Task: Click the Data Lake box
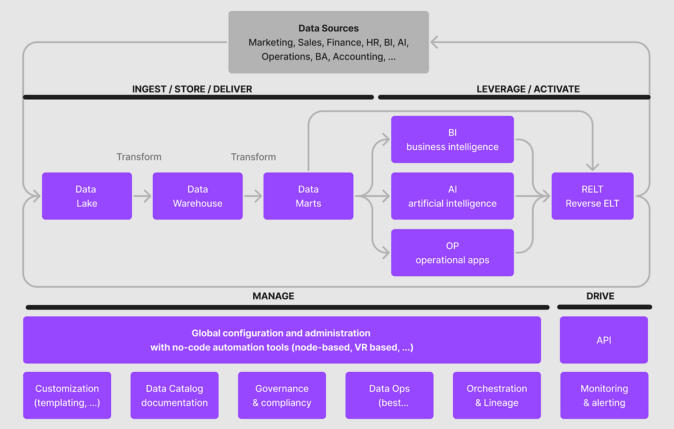pyautogui.click(x=86, y=196)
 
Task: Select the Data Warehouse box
pyautogui.click(x=197, y=196)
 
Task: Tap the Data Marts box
pyautogui.click(x=308, y=196)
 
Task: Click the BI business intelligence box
pyautogui.click(x=452, y=139)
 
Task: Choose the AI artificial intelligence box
pyautogui.click(x=452, y=196)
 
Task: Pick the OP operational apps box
pyautogui.click(x=452, y=253)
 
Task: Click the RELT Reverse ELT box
pyautogui.click(x=593, y=196)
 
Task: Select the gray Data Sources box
pyautogui.click(x=328, y=42)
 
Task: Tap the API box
pyautogui.click(x=604, y=340)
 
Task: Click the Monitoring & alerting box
pyautogui.click(x=604, y=395)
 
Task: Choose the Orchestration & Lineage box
pyautogui.click(x=497, y=395)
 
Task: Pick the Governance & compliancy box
pyautogui.click(x=282, y=395)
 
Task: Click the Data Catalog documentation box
pyautogui.click(x=174, y=395)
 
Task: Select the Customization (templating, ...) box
pyautogui.click(x=67, y=395)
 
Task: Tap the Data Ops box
pyautogui.click(x=389, y=395)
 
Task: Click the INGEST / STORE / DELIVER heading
pyautogui.click(x=192, y=89)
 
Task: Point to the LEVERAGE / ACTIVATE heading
pyautogui.click(x=528, y=89)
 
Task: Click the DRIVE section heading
pyautogui.click(x=600, y=296)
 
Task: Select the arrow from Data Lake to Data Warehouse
pyautogui.click(x=142, y=197)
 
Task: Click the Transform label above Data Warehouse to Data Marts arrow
pyautogui.click(x=253, y=157)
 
